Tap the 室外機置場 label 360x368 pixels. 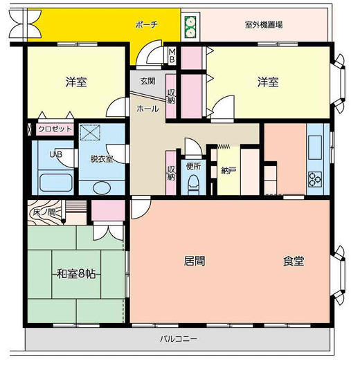(x=262, y=24)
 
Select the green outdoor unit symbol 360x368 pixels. (x=190, y=27)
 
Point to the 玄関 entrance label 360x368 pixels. (x=147, y=80)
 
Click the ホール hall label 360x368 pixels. (x=147, y=109)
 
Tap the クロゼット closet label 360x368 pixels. (x=55, y=129)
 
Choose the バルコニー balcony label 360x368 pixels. (x=179, y=339)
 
